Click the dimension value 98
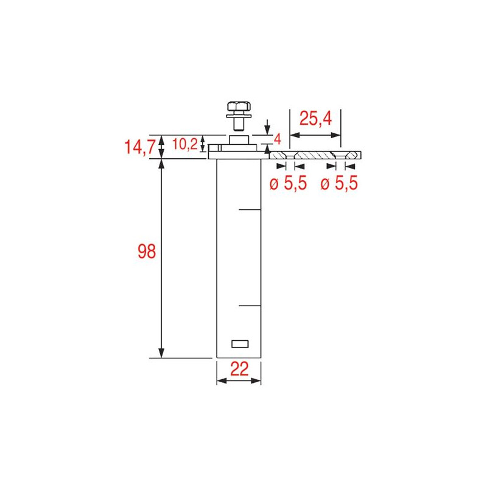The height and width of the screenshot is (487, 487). (x=147, y=251)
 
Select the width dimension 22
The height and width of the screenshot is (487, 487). (x=239, y=370)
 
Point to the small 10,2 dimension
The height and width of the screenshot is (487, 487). (x=184, y=144)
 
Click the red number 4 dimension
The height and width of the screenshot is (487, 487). (x=277, y=138)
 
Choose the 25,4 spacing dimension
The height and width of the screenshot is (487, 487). (x=315, y=119)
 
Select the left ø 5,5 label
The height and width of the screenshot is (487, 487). (x=287, y=183)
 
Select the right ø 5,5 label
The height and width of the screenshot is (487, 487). (x=340, y=183)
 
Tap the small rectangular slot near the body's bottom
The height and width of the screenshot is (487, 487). (x=240, y=343)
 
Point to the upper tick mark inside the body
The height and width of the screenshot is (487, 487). (x=250, y=210)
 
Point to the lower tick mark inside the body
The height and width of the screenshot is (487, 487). (x=250, y=304)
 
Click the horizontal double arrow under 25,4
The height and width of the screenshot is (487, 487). (x=315, y=135)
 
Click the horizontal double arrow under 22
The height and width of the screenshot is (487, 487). (x=239, y=381)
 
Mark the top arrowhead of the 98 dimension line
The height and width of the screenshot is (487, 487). (x=161, y=165)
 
